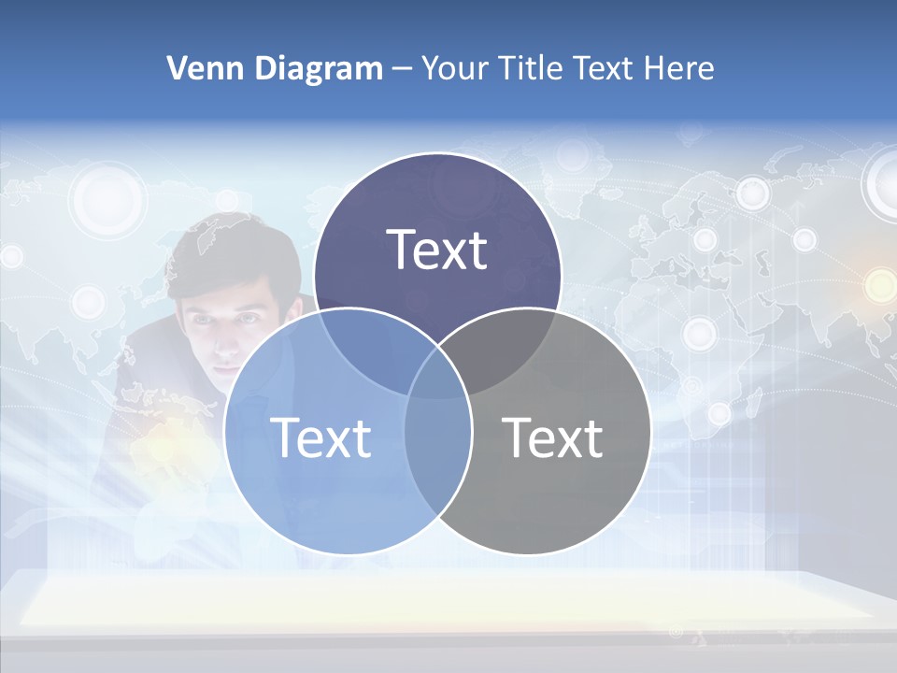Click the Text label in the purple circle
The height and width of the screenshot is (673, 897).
[437, 250]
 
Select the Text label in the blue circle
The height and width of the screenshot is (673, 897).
[320, 437]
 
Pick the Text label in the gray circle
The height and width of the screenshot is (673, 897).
[552, 437]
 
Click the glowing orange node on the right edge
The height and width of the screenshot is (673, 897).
[879, 285]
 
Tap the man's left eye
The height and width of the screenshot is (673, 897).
[249, 319]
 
